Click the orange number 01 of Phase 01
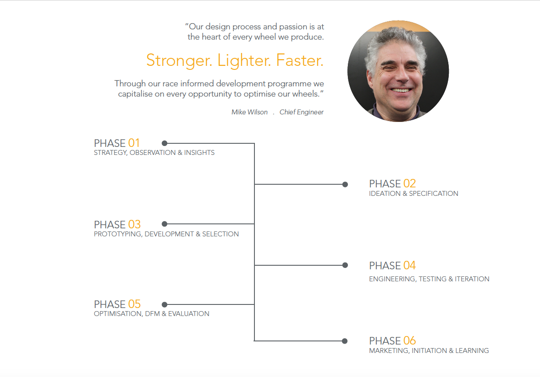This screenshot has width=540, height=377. pos(134,143)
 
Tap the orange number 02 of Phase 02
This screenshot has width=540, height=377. pos(410,183)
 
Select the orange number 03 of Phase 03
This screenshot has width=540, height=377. pos(134,225)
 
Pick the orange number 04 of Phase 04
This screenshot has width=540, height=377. pos(410,266)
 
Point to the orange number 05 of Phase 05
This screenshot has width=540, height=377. pos(134,304)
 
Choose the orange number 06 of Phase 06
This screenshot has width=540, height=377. pos(410,341)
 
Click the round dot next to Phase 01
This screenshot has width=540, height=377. pos(165,143)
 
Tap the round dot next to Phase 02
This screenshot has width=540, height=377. pos(345,185)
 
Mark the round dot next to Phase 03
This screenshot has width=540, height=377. pos(165,224)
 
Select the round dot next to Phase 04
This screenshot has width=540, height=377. pos(345,265)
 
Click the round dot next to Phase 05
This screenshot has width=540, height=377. pos(165,304)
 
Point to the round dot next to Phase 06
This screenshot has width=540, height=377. pos(345,341)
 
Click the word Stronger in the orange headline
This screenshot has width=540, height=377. pos(179,61)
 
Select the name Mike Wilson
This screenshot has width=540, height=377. pos(250,112)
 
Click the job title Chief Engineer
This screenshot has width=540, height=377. pos(301,112)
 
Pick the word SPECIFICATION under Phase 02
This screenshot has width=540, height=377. pos(433,194)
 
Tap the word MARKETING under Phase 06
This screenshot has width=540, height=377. pos(389,351)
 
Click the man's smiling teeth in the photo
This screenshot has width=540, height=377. pos(401,90)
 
